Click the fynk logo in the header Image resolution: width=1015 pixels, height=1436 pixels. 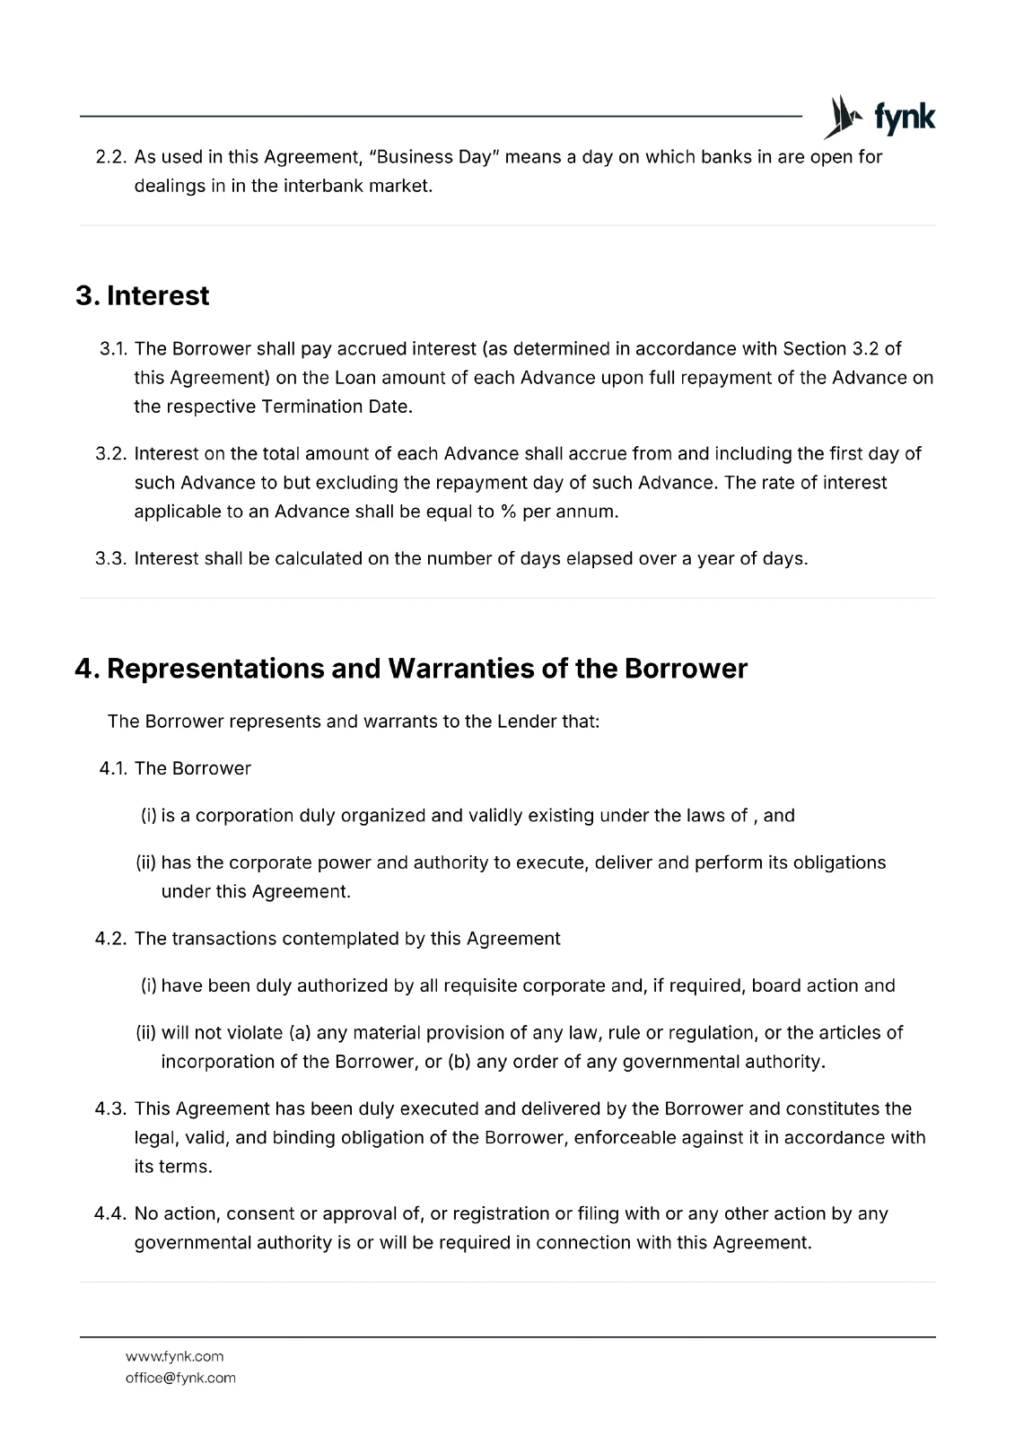[879, 118]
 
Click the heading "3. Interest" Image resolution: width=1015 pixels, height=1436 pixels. [143, 296]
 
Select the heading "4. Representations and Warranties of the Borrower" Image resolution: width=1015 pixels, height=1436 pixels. [411, 669]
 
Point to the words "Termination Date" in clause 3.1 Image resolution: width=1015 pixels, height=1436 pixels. [336, 407]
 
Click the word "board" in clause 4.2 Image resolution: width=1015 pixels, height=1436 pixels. [777, 985]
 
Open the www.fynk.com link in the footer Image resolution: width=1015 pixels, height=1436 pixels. [175, 1356]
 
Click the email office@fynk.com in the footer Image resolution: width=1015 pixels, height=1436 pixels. [180, 1378]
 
